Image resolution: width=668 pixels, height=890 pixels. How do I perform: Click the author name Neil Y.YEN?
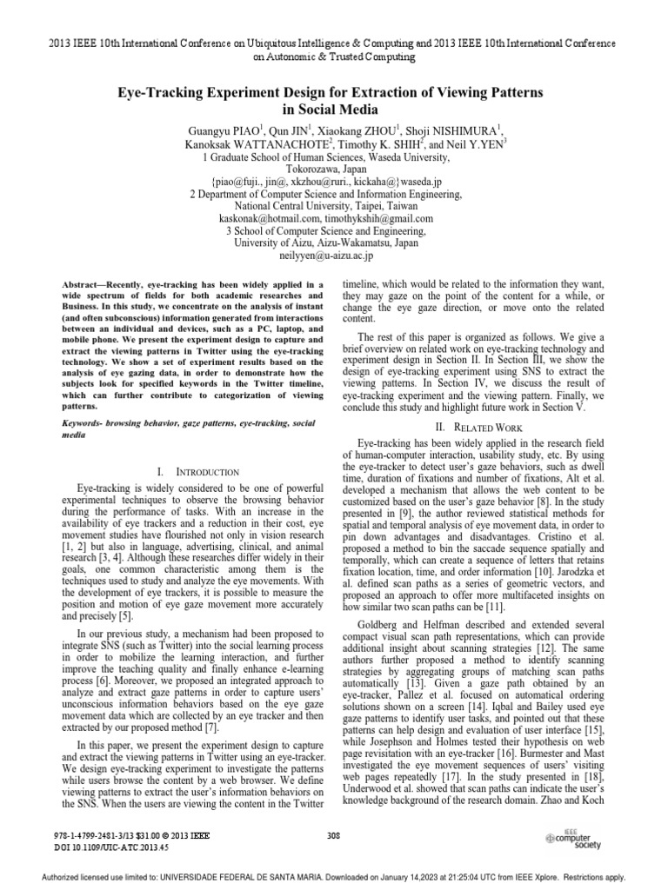[x=470, y=143]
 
